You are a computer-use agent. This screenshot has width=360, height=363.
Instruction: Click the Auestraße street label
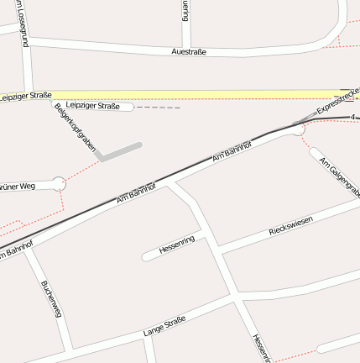(x=188, y=51)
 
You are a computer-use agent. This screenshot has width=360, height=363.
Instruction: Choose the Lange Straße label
(x=164, y=326)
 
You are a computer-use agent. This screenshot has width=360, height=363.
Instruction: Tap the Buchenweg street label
(x=51, y=298)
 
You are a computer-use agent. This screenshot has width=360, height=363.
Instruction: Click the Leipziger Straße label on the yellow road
(x=25, y=96)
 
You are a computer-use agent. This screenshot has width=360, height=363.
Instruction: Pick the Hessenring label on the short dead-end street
(x=176, y=245)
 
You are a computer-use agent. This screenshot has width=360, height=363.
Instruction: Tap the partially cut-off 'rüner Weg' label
(x=17, y=186)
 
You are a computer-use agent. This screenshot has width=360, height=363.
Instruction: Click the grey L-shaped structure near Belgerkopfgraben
(x=117, y=151)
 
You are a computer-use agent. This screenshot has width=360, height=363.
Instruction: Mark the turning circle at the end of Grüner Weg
(x=58, y=182)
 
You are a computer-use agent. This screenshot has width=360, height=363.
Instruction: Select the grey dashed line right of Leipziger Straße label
(x=158, y=108)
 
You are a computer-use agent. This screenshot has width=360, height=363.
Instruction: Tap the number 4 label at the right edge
(x=354, y=117)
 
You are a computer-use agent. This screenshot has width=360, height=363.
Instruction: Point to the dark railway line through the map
(x=84, y=214)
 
